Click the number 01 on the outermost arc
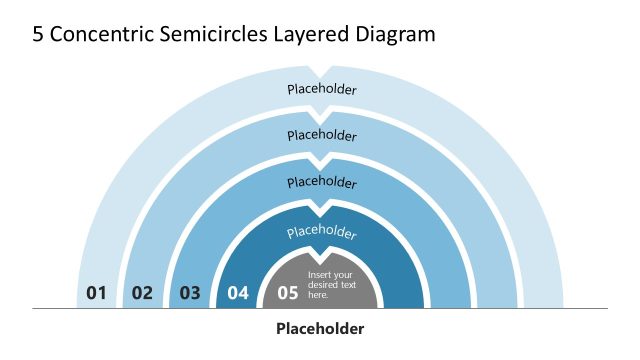(x=96, y=293)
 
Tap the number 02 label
(x=142, y=293)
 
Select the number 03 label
(x=190, y=293)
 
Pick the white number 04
(x=238, y=293)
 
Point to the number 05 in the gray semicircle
(x=288, y=293)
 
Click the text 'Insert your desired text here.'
(x=331, y=285)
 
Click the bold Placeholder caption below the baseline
(x=320, y=328)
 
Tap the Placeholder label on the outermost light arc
(x=322, y=89)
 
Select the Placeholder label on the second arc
(x=322, y=135)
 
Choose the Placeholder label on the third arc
(x=322, y=183)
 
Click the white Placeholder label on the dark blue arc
(x=322, y=232)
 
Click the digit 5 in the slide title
(x=38, y=34)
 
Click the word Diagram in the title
(x=396, y=34)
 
